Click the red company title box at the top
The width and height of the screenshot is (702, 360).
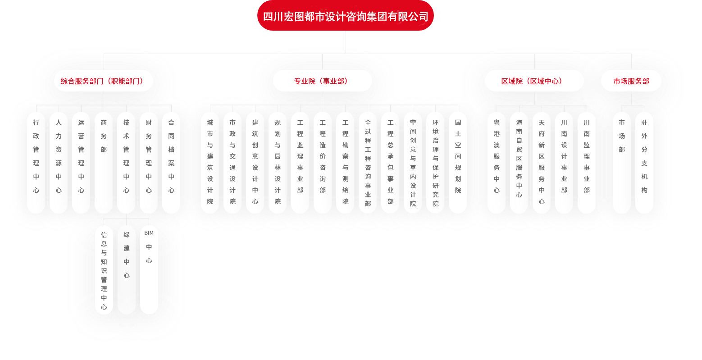[345, 16]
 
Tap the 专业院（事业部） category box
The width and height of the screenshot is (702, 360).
[322, 81]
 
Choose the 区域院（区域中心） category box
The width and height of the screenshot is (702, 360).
[534, 81]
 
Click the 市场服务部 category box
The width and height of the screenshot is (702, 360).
[631, 81]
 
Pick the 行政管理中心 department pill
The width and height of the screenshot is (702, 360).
[36, 162]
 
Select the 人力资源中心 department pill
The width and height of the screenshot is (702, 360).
[59, 162]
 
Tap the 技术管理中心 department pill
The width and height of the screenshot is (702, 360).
[126, 162]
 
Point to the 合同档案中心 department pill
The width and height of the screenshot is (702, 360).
[171, 162]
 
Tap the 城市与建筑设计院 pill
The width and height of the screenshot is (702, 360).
[210, 162]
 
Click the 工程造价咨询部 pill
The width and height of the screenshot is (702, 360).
[323, 162]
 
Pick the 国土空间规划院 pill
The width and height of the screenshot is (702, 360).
[458, 162]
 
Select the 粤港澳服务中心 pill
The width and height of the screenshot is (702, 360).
[497, 162]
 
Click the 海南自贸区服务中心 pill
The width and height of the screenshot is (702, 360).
[519, 162]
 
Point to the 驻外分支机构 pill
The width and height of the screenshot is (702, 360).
[644, 162]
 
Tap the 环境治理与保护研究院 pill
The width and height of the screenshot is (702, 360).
[435, 162]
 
